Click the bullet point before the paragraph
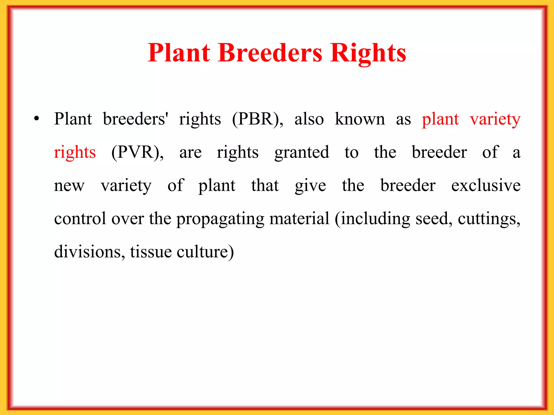click(x=37, y=119)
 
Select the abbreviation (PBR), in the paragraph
click(x=258, y=119)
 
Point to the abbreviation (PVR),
click(x=137, y=152)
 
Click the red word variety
click(x=495, y=119)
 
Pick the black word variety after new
click(x=126, y=186)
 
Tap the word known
click(x=360, y=119)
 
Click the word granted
click(x=302, y=152)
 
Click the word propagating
click(x=220, y=219)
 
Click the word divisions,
click(x=90, y=252)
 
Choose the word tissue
click(x=151, y=252)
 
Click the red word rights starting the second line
click(x=75, y=152)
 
